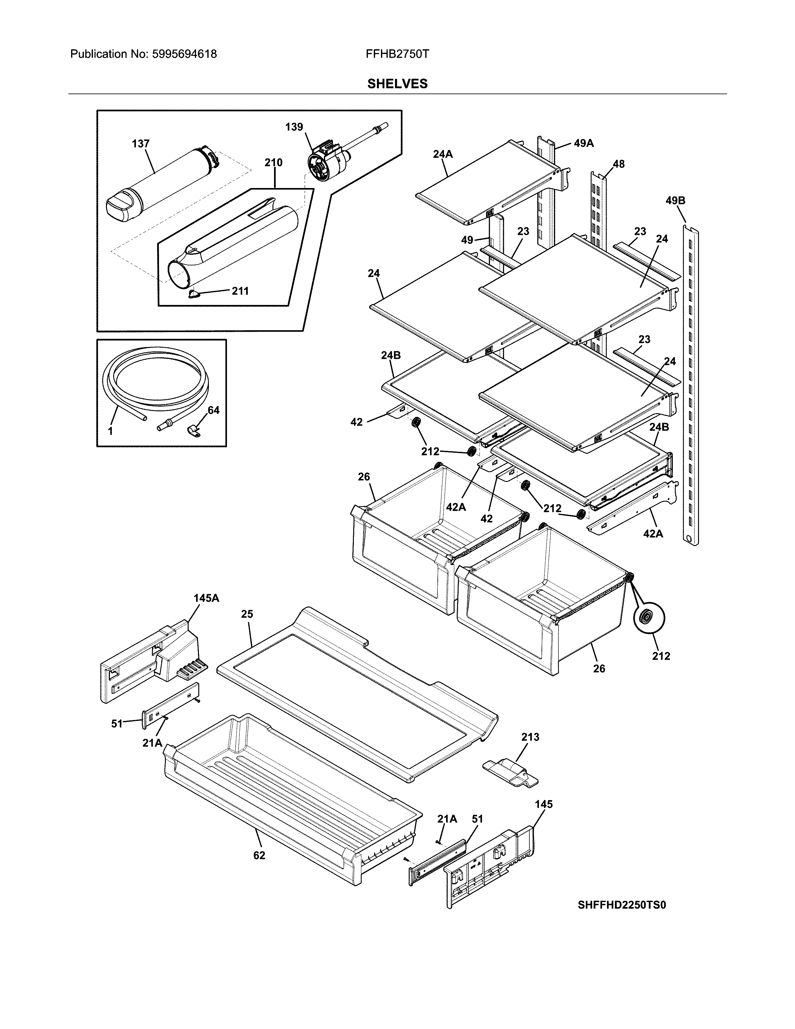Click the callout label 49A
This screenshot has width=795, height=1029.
click(x=584, y=143)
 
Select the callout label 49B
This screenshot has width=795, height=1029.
click(x=675, y=201)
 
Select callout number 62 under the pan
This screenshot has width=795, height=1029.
click(x=259, y=855)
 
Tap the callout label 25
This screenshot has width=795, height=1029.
click(x=247, y=614)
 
